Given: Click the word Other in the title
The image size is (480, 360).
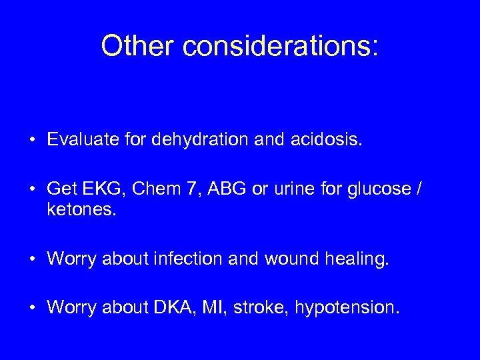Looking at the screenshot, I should (137, 45).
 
